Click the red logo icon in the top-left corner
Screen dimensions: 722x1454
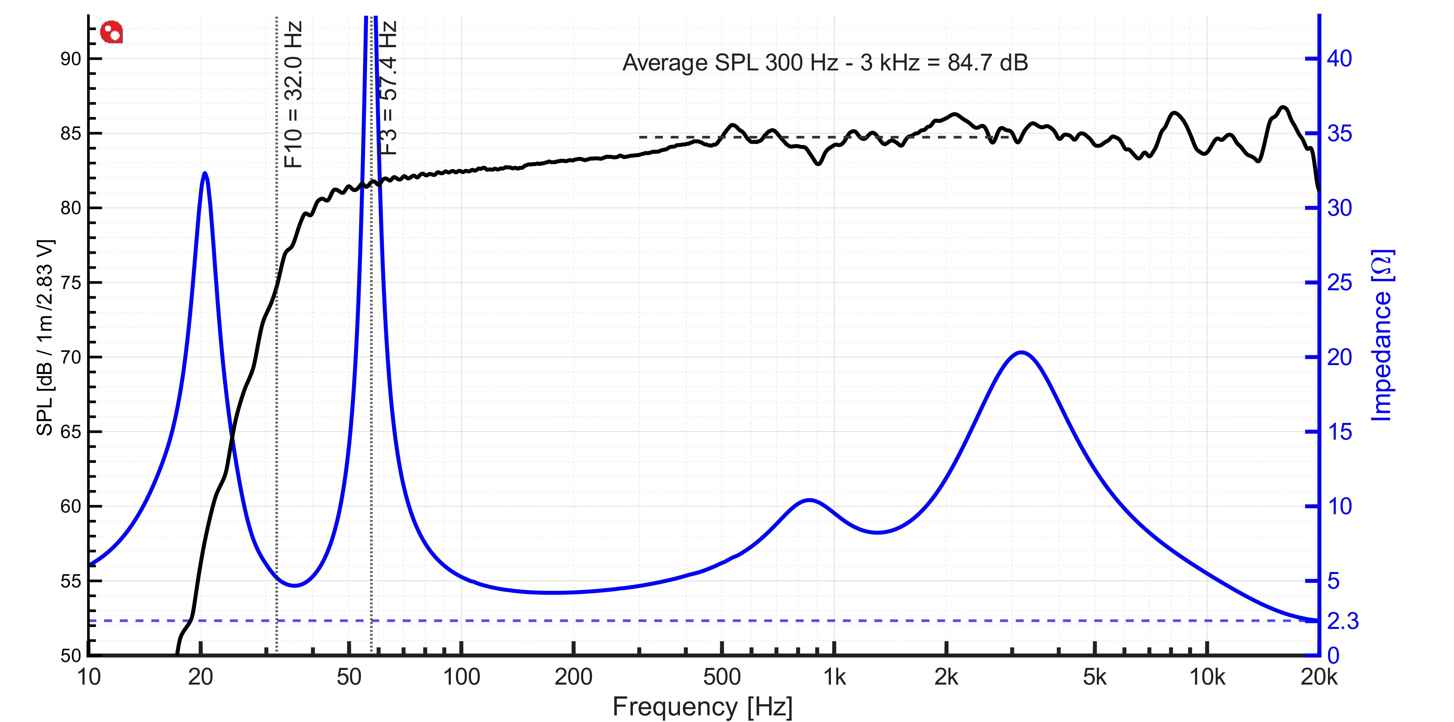pyautogui.click(x=111, y=32)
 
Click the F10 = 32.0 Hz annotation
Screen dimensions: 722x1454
pyautogui.click(x=294, y=94)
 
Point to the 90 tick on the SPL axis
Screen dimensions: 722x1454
pyautogui.click(x=70, y=59)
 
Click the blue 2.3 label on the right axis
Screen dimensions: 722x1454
pyautogui.click(x=1343, y=621)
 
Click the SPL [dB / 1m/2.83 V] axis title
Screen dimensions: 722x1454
pyautogui.click(x=45, y=339)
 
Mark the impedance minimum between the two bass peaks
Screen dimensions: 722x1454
pyautogui.click(x=295, y=586)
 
